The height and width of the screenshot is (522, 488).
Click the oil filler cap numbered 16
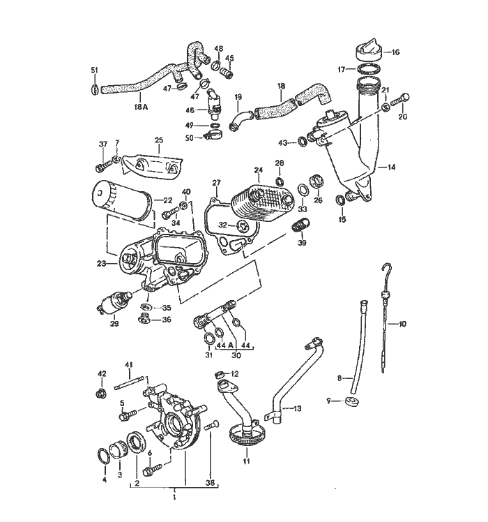365,51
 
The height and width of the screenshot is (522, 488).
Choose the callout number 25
158,140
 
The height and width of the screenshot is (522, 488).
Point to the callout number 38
211,482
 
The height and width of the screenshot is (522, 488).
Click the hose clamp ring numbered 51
96,89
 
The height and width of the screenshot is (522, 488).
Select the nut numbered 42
101,394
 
